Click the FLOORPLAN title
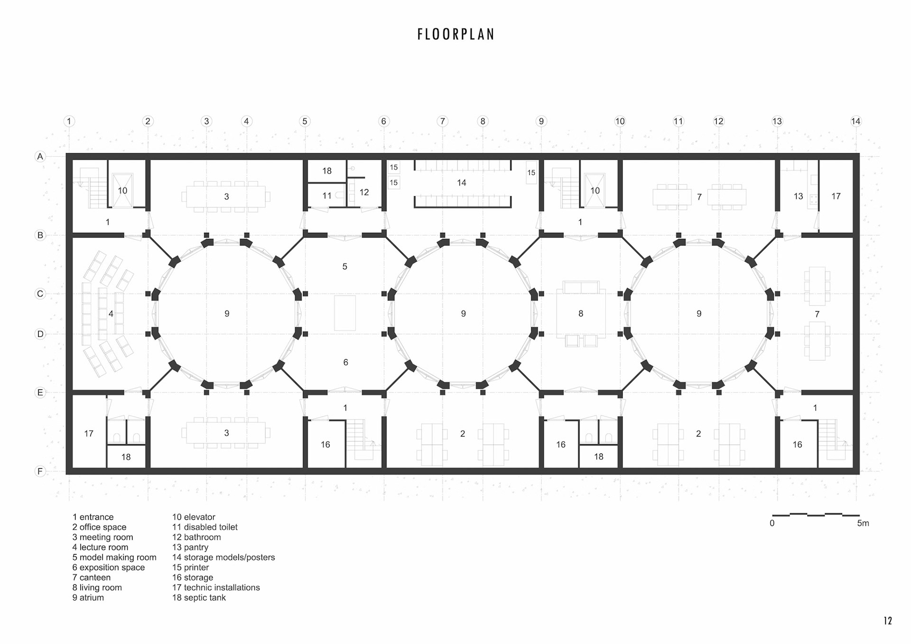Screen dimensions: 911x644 click(x=456, y=34)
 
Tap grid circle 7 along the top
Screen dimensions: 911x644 click(x=442, y=121)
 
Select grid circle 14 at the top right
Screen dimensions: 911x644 click(x=855, y=121)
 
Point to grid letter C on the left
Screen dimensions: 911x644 click(x=40, y=294)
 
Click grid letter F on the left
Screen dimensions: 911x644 click(x=40, y=471)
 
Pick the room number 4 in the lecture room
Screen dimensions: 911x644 click(x=111, y=314)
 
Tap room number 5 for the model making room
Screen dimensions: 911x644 click(x=345, y=267)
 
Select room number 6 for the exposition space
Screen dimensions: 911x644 click(x=345, y=363)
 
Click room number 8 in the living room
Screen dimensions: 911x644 click(x=581, y=314)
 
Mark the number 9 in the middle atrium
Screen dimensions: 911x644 click(x=464, y=314)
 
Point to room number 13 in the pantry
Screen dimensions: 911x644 click(x=799, y=196)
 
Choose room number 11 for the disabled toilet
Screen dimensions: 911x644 click(x=327, y=196)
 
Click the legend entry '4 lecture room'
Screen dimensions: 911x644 click(x=100, y=547)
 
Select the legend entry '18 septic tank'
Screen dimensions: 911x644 click(x=199, y=598)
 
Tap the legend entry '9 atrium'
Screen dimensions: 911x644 click(x=88, y=597)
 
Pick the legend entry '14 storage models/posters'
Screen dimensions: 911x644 click(x=223, y=558)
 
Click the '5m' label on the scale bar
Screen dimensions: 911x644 click(x=863, y=523)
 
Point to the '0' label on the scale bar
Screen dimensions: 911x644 click(x=772, y=523)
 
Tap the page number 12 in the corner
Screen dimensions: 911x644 click(x=888, y=621)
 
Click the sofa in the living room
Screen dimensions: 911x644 click(x=581, y=287)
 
